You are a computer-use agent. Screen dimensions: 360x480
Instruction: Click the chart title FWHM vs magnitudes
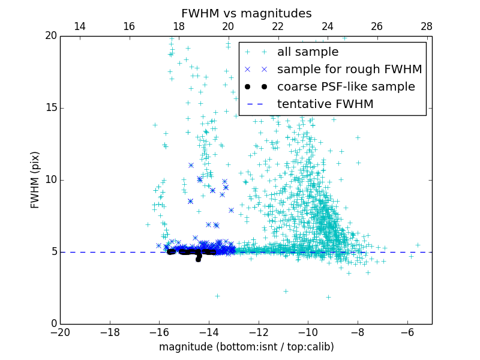246,13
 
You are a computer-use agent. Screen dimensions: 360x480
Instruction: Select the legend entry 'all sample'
308,52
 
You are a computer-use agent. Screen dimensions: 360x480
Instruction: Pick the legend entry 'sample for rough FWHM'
349,70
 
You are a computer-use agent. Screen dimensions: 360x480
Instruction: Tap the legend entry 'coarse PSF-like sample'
346,87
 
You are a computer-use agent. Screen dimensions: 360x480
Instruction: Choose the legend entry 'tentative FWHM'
325,104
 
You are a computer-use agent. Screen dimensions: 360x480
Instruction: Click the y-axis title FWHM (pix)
35,180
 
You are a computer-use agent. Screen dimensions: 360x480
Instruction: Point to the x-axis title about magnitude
246,347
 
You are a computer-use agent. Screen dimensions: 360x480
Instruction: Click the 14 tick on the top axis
79,26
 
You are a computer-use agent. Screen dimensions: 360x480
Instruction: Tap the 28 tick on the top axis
427,26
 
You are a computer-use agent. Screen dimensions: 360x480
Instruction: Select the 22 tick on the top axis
278,26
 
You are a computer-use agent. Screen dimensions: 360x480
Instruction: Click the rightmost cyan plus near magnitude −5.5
418,245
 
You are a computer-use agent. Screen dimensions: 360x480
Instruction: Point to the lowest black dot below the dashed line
198,259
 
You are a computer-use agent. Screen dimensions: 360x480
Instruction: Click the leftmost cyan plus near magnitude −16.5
148,224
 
